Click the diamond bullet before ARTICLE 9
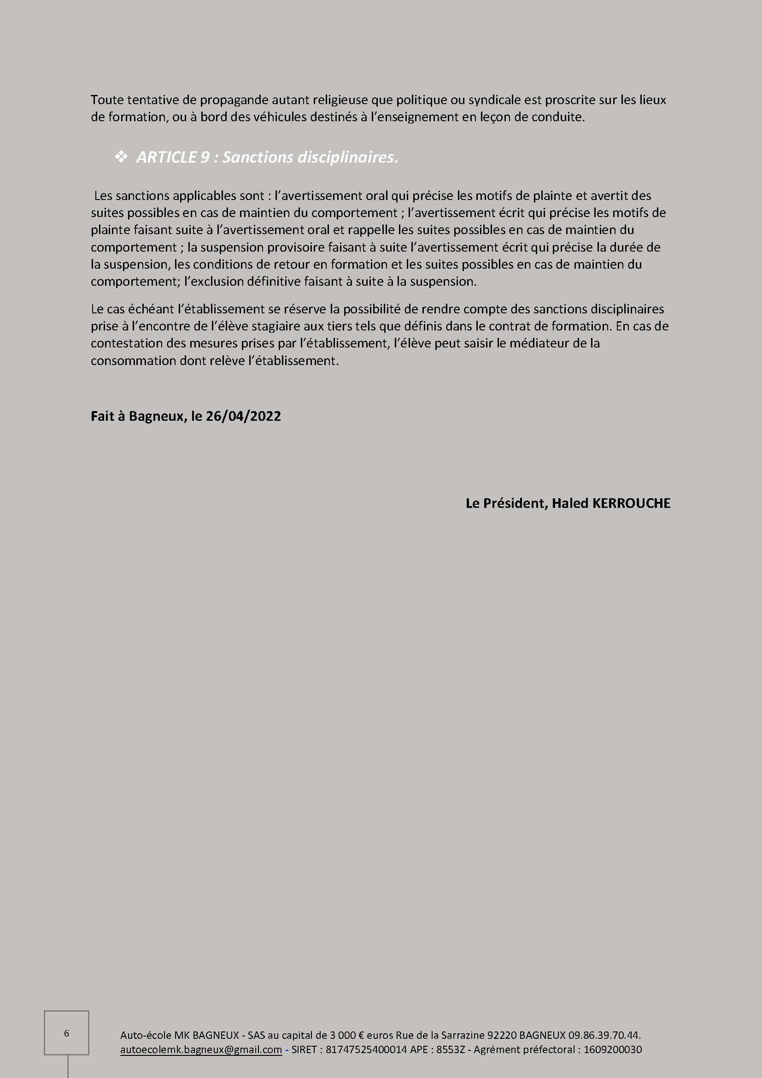point(121,157)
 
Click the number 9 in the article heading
point(205,157)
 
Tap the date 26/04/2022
point(243,417)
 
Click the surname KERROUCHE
point(632,503)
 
